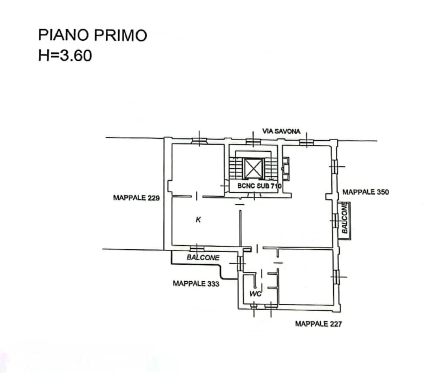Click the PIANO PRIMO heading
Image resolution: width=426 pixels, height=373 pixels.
(93, 35)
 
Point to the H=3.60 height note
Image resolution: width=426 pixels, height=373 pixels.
(65, 55)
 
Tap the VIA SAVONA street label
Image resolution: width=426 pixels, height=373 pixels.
(281, 132)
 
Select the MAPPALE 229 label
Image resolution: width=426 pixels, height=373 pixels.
(136, 198)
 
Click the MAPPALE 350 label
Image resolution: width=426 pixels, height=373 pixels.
(365, 192)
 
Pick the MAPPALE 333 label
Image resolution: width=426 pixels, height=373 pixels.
(196, 284)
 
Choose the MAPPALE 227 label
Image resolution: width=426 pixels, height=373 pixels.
(318, 324)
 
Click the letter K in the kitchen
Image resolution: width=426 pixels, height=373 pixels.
(198, 220)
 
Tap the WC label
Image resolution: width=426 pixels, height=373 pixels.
(255, 294)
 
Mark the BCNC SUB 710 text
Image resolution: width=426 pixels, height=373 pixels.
(260, 186)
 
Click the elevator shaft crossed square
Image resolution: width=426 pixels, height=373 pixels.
(253, 169)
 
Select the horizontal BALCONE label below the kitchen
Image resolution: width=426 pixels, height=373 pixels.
(203, 257)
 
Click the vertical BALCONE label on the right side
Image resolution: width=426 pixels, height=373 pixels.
(344, 218)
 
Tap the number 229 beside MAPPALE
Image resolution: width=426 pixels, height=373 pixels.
(154, 198)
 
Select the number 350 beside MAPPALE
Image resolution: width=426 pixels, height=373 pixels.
(383, 192)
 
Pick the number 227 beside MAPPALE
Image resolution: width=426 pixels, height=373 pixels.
(336, 324)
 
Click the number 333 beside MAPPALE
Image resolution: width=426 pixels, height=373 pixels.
(213, 284)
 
